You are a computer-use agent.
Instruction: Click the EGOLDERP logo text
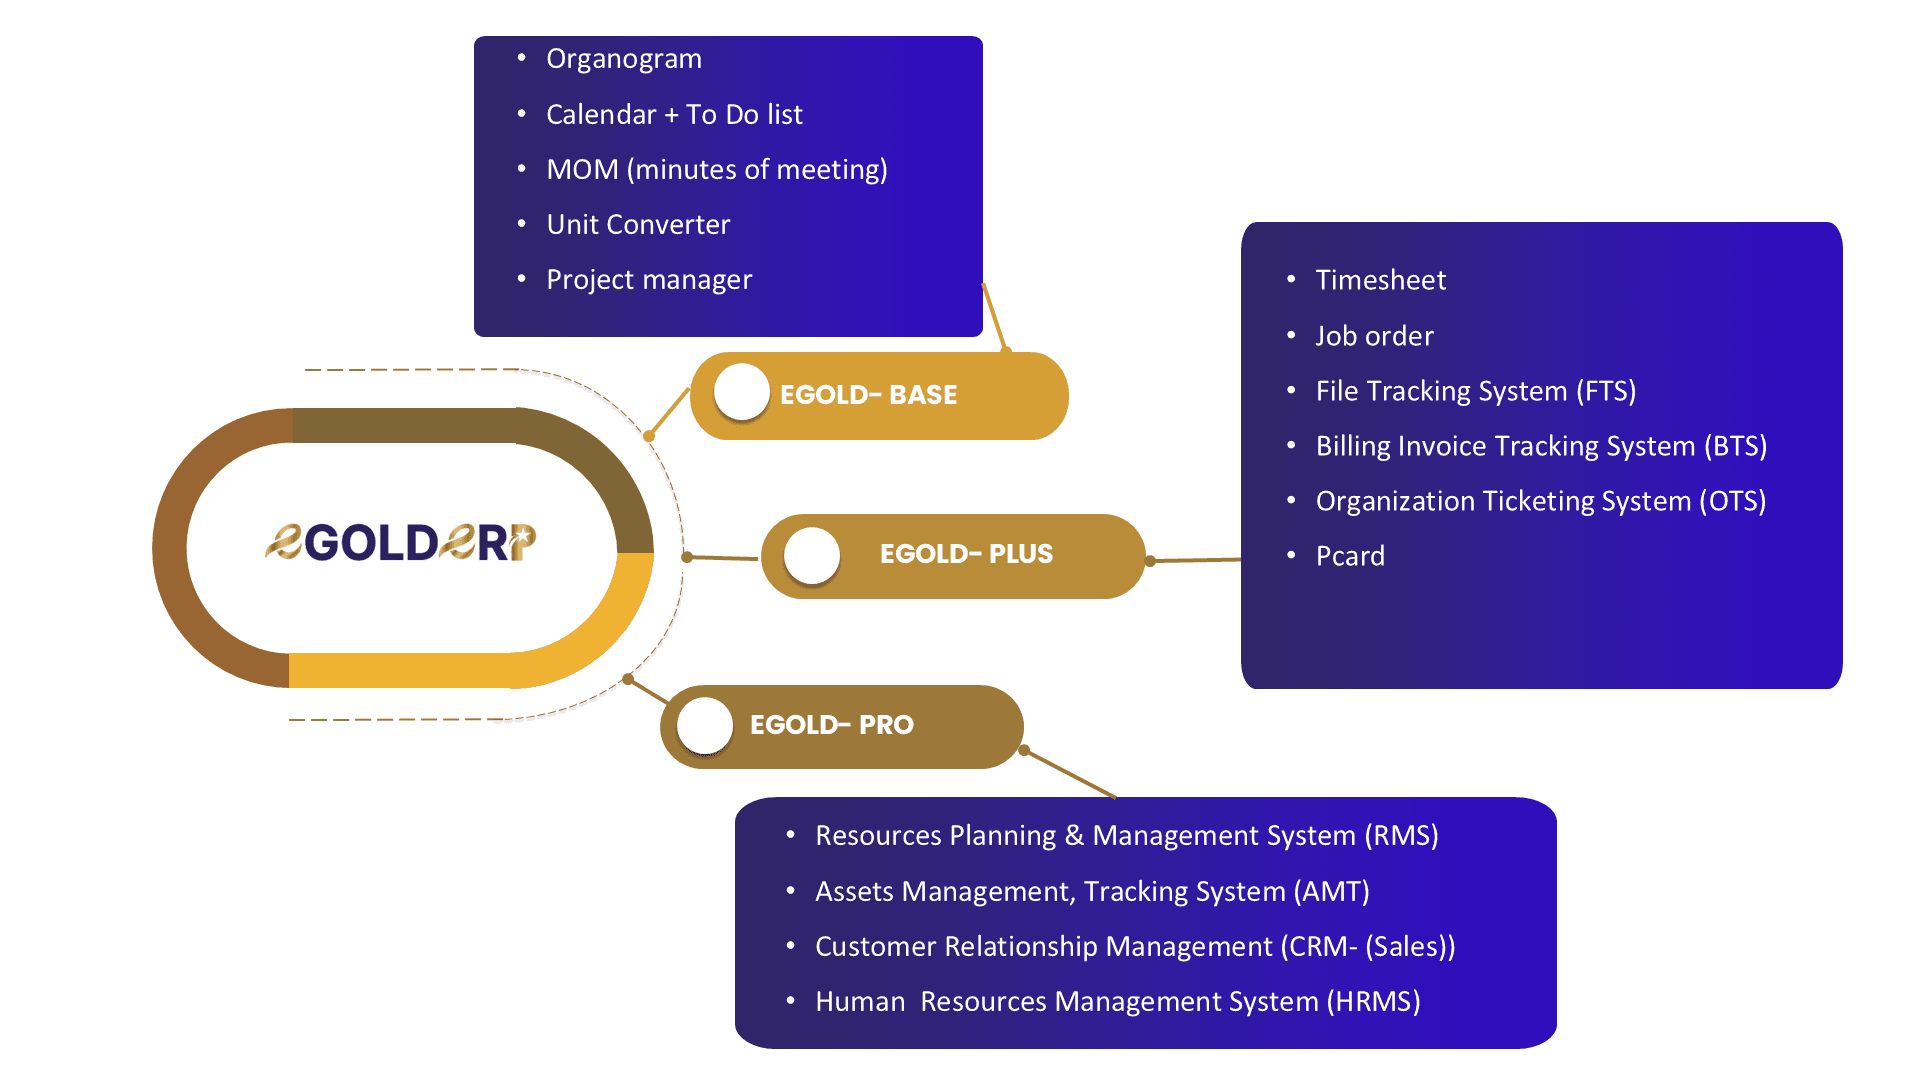[400, 543]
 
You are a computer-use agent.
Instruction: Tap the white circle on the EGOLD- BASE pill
[741, 392]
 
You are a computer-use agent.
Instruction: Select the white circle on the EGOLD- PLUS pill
[812, 555]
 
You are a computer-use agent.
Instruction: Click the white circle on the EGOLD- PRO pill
[705, 725]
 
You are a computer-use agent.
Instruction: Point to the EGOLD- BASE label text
[868, 395]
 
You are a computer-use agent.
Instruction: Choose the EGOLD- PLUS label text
[966, 554]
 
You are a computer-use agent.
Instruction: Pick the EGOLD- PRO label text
[831, 725]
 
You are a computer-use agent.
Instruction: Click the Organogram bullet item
[623, 59]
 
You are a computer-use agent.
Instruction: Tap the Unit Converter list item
[638, 225]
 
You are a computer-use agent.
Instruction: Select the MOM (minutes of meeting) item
[716, 170]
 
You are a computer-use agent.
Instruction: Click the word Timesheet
[1380, 280]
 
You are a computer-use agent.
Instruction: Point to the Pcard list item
[1350, 556]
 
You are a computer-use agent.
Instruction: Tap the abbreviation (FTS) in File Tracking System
[1606, 391]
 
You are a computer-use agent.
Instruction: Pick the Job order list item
[1374, 336]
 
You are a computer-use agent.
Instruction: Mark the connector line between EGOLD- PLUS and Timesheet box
[1195, 560]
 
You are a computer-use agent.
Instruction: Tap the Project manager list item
[649, 280]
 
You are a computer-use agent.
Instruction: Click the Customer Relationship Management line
[1135, 947]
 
